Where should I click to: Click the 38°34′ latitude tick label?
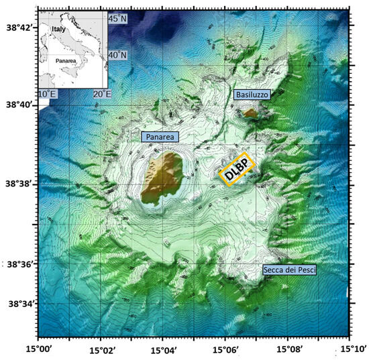click(18, 303)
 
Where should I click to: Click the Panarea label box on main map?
click(161, 137)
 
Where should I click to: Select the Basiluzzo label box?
click(252, 96)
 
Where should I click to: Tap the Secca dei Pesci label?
click(289, 269)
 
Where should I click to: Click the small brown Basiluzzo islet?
click(250, 113)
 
